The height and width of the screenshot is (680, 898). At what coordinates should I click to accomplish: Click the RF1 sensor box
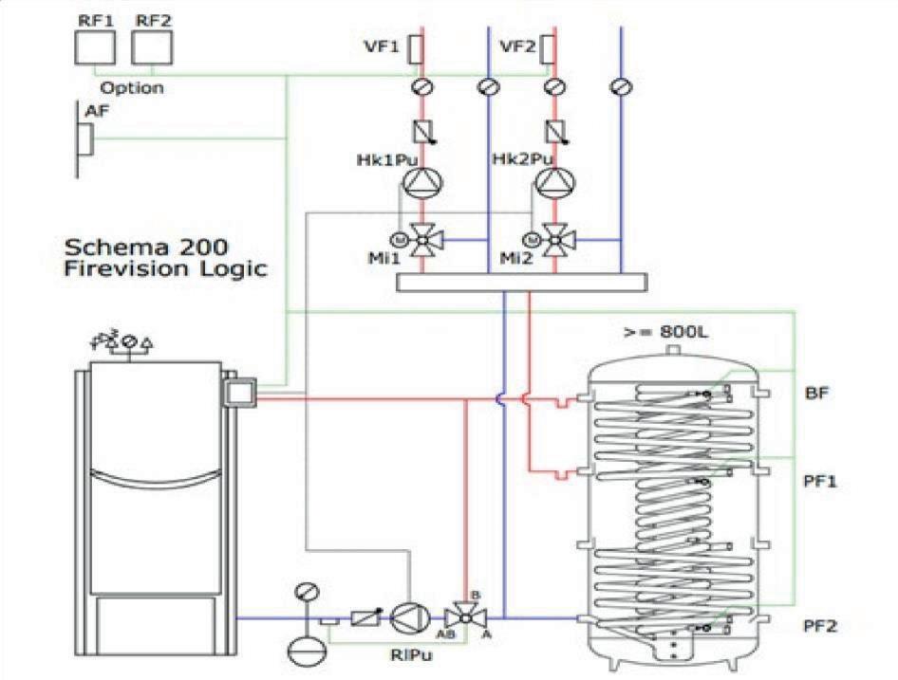pyautogui.click(x=93, y=46)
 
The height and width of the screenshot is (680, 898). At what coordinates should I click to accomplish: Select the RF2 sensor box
pyautogui.click(x=148, y=46)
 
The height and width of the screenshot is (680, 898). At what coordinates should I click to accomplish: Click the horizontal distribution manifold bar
pyautogui.click(x=521, y=282)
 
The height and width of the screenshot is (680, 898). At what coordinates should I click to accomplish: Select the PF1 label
pyautogui.click(x=818, y=482)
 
